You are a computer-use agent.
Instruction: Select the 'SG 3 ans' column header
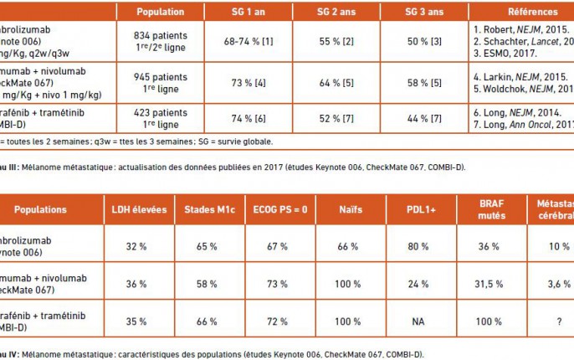[422, 13]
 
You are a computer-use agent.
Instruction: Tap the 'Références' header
[532, 13]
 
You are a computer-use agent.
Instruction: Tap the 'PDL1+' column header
[416, 208]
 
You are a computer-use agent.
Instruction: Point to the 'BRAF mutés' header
[487, 208]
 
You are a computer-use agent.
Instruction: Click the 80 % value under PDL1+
[416, 246]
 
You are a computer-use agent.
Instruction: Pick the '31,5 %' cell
[487, 284]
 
